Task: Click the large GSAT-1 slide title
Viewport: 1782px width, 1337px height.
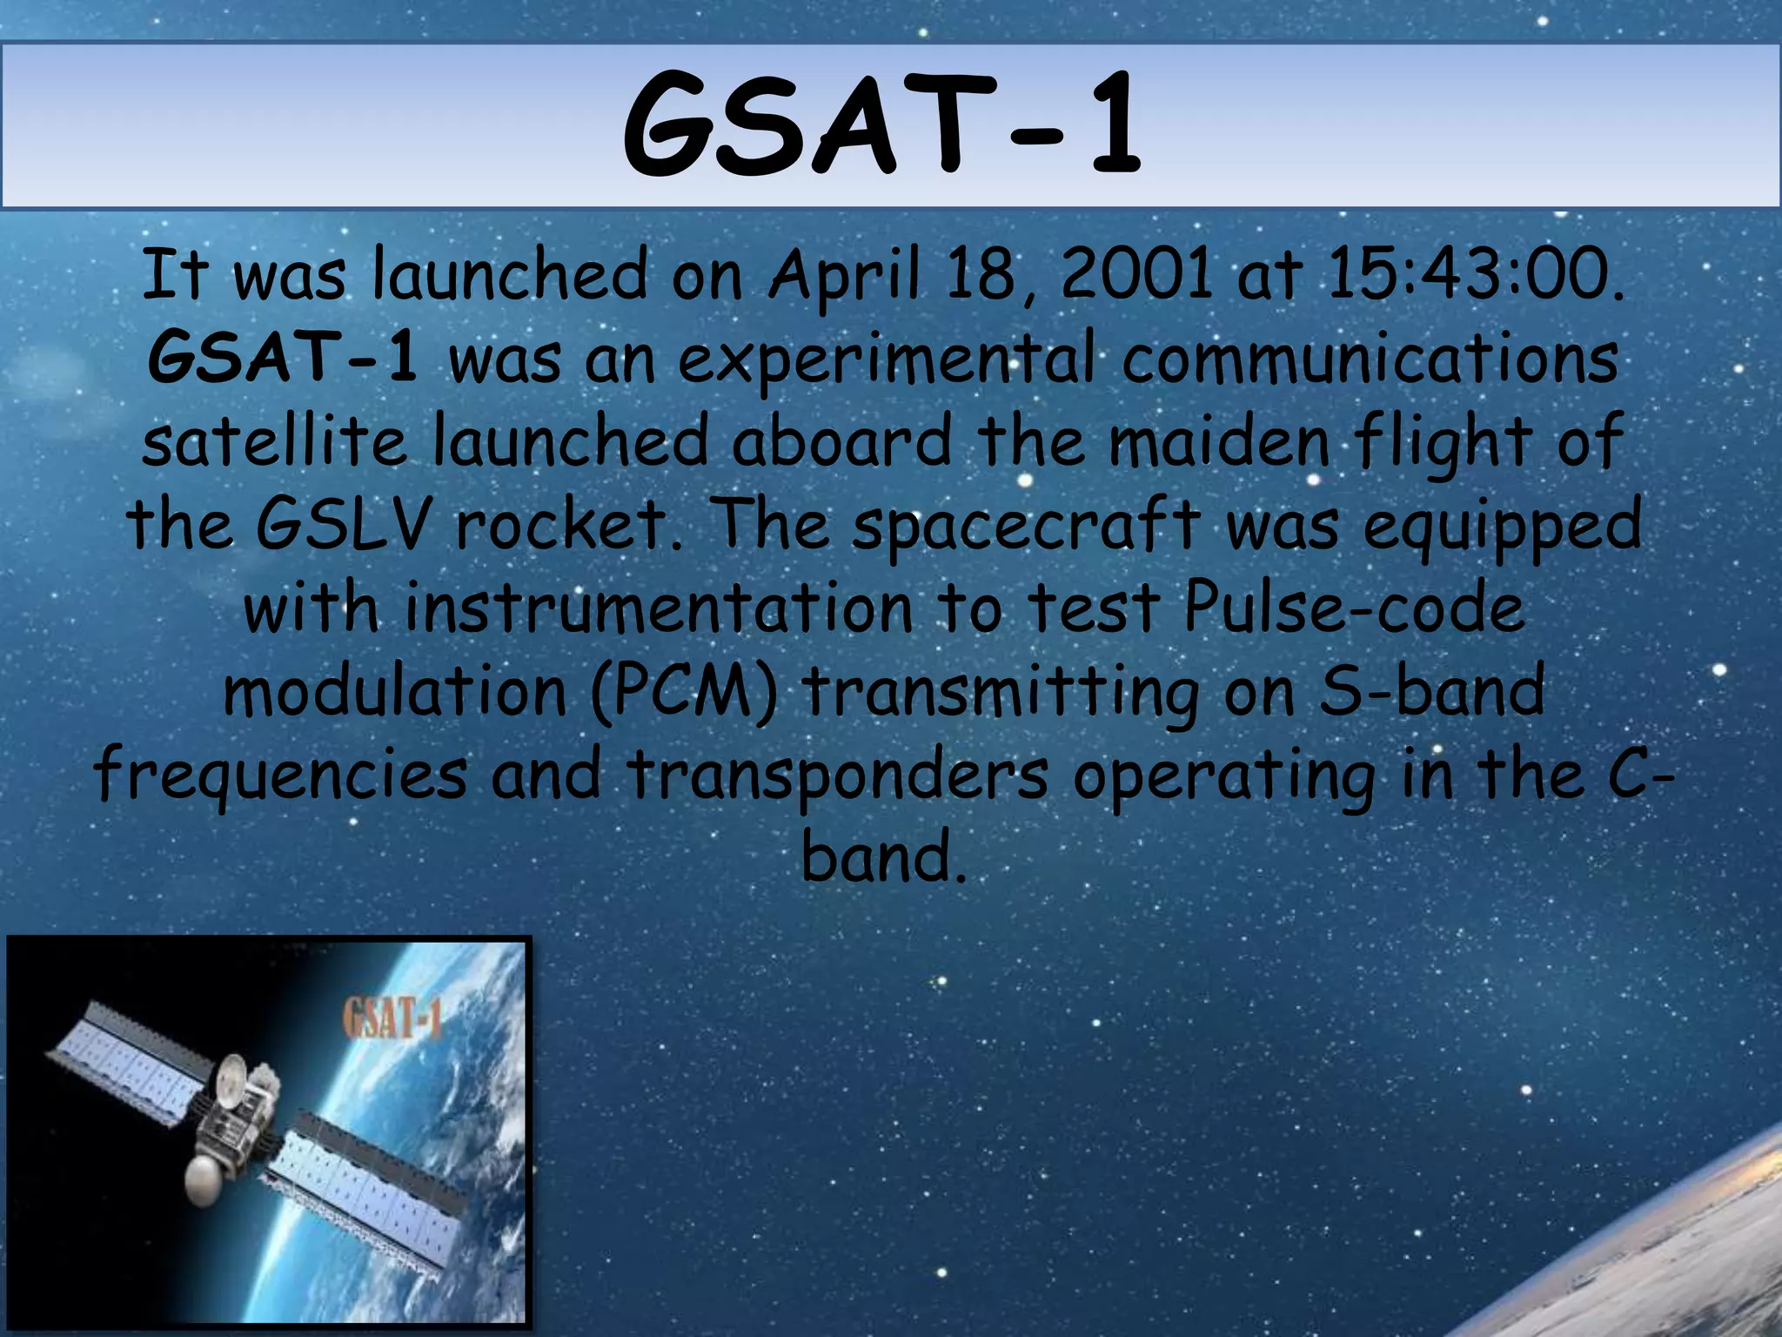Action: [x=881, y=126]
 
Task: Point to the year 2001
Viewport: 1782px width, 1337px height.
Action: [x=1136, y=273]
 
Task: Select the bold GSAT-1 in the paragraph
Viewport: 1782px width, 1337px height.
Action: [x=283, y=358]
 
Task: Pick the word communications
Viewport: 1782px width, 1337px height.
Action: [x=1370, y=358]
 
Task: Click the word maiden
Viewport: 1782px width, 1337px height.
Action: [x=1219, y=440]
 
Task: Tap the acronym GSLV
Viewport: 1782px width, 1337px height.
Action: [x=343, y=524]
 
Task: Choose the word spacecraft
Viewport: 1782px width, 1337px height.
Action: [x=1026, y=526]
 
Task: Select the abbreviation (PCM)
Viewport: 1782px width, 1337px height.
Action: [x=683, y=691]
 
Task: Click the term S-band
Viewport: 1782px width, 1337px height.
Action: [x=1431, y=689]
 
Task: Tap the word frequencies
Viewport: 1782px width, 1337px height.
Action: [x=281, y=775]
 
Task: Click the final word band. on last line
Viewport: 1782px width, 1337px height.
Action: [x=883, y=857]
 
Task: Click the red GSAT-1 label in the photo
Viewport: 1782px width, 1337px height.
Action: [x=392, y=1019]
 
